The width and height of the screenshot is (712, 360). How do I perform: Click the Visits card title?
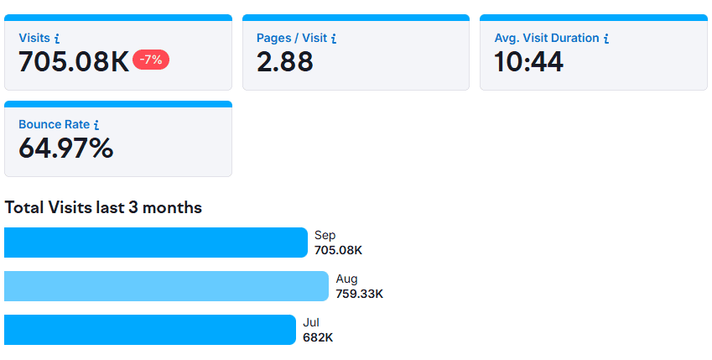pos(34,38)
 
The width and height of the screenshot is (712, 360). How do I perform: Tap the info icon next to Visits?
pos(57,39)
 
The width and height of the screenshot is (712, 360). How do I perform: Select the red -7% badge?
pos(151,60)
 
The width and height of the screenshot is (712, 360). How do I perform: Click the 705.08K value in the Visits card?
pos(74,61)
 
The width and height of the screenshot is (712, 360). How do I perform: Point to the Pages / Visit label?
pos(291,38)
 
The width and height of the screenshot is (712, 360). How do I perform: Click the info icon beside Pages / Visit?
pos(334,39)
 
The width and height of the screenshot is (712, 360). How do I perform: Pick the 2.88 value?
pos(285,61)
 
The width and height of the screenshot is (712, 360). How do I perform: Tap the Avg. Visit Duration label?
pos(546,38)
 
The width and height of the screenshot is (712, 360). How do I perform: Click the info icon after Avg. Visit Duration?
pos(606,39)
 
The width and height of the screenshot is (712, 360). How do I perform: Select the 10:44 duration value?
pos(528,61)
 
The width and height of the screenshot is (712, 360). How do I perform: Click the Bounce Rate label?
pos(54,124)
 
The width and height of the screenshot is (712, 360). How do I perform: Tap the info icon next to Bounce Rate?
pos(96,125)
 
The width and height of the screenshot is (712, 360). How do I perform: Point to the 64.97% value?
pos(65,149)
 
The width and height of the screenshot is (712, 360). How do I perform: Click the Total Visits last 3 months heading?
pos(103,207)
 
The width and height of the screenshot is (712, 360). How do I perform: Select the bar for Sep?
pos(156,243)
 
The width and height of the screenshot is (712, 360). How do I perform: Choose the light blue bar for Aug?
pos(166,286)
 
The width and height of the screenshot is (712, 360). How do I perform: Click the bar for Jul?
pos(150,330)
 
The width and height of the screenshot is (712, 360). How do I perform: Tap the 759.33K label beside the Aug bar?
pos(360,294)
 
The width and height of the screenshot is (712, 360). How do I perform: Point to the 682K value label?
pos(318,337)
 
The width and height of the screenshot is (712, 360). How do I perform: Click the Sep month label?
pos(325,236)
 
